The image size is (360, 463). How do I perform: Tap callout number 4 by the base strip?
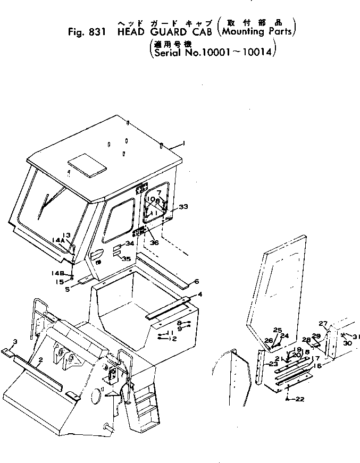click(x=199, y=294)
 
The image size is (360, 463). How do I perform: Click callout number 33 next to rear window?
click(x=183, y=207)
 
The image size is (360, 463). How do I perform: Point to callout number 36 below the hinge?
click(x=154, y=242)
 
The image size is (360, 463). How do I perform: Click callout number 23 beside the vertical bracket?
click(x=273, y=364)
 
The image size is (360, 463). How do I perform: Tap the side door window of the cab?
click(x=120, y=220)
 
